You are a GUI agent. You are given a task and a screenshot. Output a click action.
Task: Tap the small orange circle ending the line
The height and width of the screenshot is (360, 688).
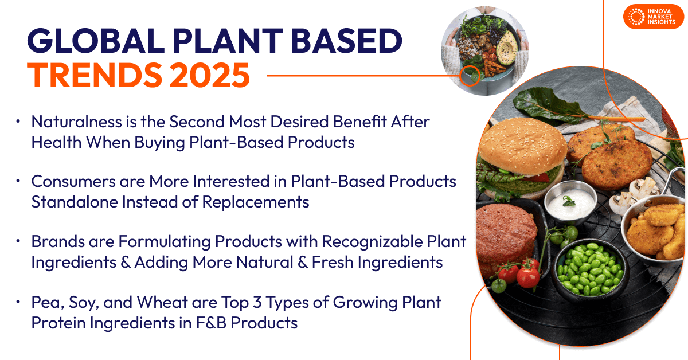(x=470, y=75)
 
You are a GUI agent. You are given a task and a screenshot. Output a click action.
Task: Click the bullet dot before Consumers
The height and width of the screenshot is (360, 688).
(x=19, y=181)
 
